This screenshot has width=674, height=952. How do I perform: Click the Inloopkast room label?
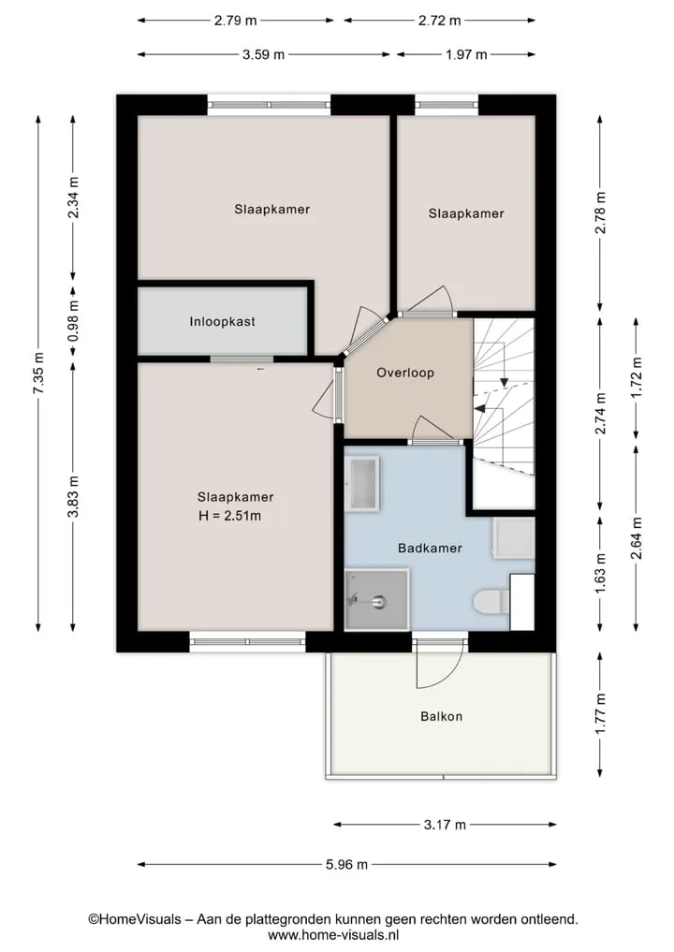pos(222,322)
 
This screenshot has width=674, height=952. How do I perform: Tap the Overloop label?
pos(405,373)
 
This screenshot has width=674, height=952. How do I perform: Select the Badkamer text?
pos(430,549)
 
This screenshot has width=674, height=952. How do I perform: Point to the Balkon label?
pos(442,716)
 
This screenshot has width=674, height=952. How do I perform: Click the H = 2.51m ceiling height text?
pos(230,516)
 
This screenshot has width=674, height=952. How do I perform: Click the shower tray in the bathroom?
pos(376,600)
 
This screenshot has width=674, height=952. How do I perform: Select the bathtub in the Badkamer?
pos(362,483)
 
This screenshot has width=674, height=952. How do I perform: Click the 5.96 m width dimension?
pos(346,865)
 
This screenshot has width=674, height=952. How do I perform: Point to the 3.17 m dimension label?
pos(445,825)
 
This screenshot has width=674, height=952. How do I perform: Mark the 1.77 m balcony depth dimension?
pos(601,714)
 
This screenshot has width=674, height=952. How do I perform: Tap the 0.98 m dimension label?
pos(73,321)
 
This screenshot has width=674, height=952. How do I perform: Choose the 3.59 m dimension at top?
pos(264,54)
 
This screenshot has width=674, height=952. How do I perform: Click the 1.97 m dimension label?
pos(466,54)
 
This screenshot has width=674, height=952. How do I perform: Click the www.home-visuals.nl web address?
pos(333,935)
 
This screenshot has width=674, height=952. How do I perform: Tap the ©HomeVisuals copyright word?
pos(135,919)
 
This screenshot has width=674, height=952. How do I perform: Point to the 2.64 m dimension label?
pos(637,537)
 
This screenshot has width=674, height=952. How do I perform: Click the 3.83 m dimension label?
pos(73,497)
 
